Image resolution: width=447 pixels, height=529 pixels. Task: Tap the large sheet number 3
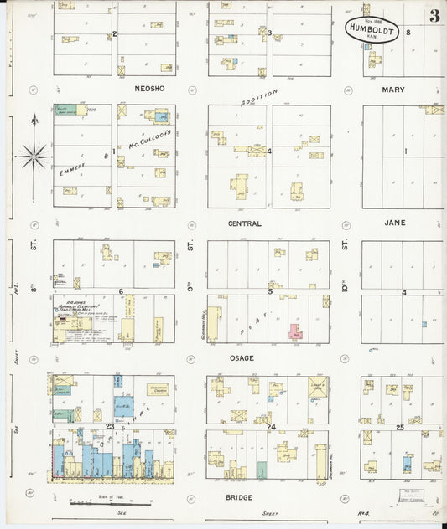pyautogui.click(x=434, y=17)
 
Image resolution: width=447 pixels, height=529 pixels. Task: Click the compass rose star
pyautogui.click(x=34, y=155)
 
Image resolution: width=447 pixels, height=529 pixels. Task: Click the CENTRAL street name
pyautogui.click(x=244, y=224)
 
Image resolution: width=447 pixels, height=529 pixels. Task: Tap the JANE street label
pyautogui.click(x=394, y=223)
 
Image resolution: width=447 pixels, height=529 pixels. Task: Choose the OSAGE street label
pyautogui.click(x=242, y=358)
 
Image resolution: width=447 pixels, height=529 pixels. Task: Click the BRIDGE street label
pyautogui.click(x=240, y=496)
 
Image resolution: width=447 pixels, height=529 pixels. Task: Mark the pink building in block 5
pyautogui.click(x=295, y=331)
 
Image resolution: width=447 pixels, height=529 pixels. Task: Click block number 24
pyautogui.click(x=271, y=427)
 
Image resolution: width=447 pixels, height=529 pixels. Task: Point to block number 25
pyautogui.click(x=400, y=427)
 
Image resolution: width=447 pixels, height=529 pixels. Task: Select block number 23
pyautogui.click(x=110, y=427)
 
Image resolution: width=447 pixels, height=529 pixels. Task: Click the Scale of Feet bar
pyautogui.click(x=99, y=503)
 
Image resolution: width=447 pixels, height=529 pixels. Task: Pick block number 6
pyautogui.click(x=122, y=292)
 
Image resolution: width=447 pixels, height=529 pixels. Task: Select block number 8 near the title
pyautogui.click(x=408, y=32)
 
